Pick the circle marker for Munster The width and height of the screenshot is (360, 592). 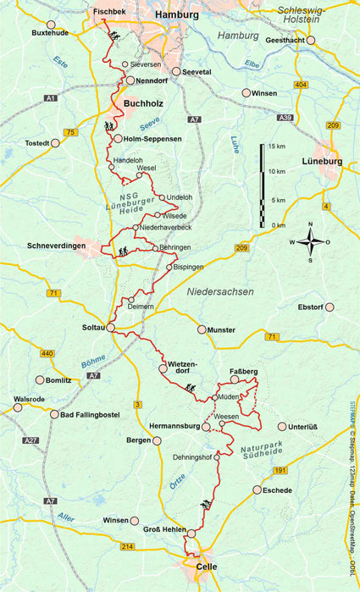[202, 329]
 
